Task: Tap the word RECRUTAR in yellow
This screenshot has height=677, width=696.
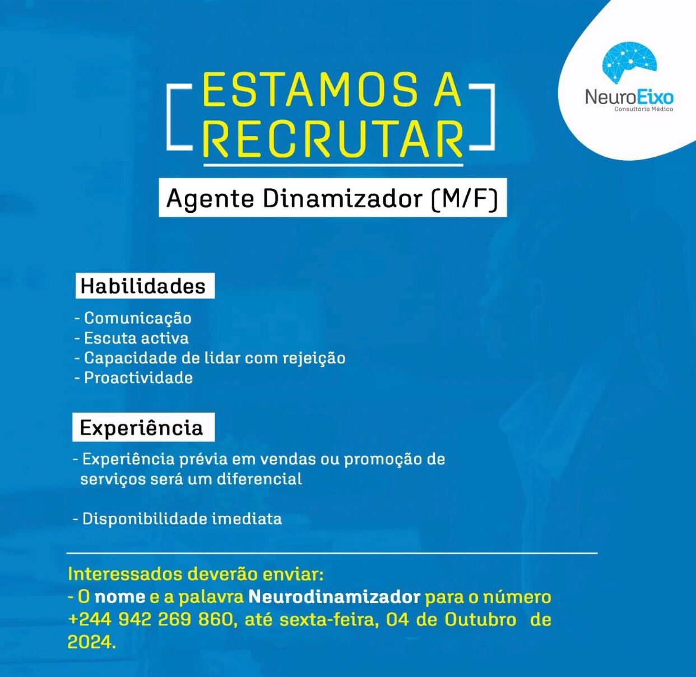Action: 333,139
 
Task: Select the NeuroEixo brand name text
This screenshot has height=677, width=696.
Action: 629,97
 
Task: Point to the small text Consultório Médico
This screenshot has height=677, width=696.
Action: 643,109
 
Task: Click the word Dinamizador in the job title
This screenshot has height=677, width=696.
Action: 342,199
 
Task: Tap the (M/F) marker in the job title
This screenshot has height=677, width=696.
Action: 465,199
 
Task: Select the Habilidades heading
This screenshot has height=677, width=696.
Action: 143,286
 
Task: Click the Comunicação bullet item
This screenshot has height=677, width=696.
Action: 137,318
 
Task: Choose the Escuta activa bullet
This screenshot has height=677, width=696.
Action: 136,338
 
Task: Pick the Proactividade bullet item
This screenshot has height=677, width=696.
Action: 138,378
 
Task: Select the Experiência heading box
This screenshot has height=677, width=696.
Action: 142,428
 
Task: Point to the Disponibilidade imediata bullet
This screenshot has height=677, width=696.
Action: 182,519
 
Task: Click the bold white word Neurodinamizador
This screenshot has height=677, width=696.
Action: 334,597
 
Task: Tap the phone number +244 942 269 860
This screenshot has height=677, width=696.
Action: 150,620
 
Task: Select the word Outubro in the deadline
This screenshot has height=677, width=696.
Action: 480,620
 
